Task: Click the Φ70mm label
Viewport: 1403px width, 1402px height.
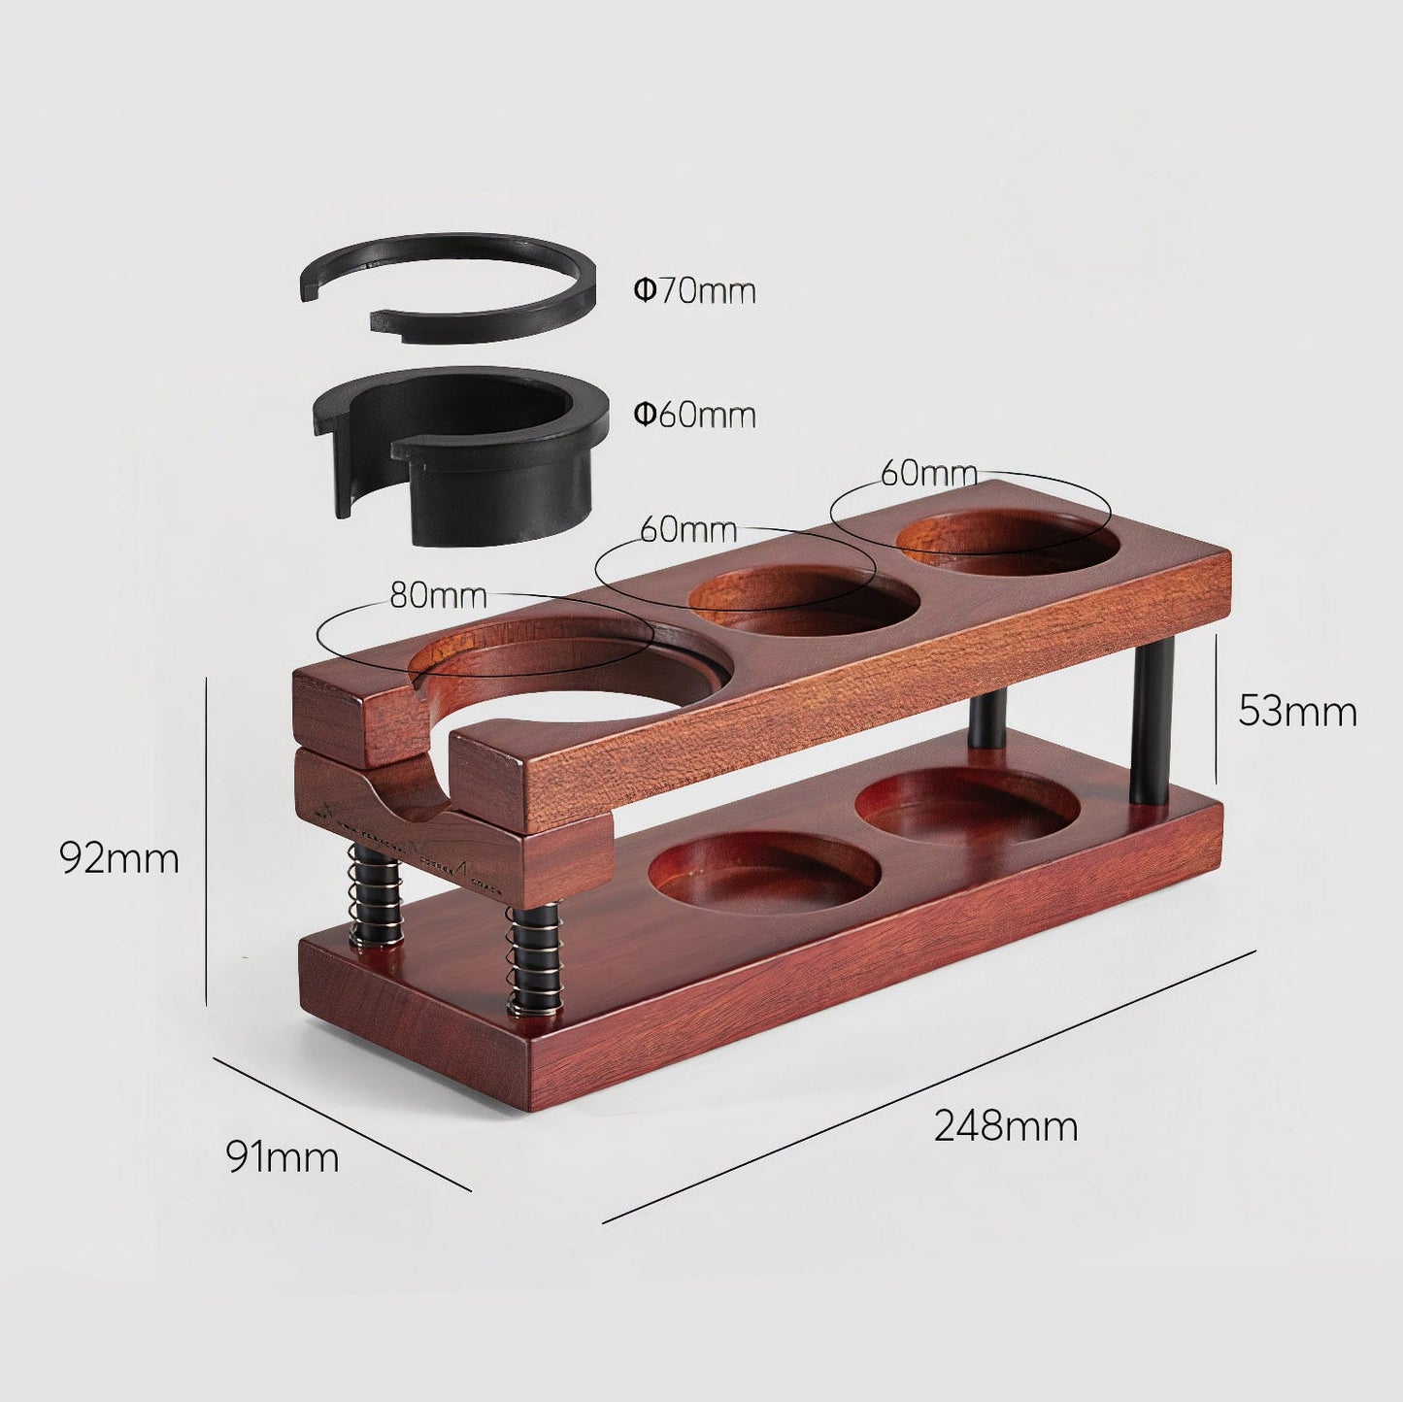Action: click(694, 290)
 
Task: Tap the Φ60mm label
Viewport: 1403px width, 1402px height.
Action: click(694, 415)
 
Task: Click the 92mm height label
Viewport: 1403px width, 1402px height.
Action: click(119, 858)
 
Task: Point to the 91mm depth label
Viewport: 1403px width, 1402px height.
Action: click(283, 1156)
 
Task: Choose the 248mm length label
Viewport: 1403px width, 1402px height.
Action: click(1006, 1126)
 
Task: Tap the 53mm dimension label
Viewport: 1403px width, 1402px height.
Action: click(1297, 712)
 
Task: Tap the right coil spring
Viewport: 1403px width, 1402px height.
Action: click(535, 961)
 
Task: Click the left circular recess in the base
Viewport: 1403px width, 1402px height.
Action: click(763, 866)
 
